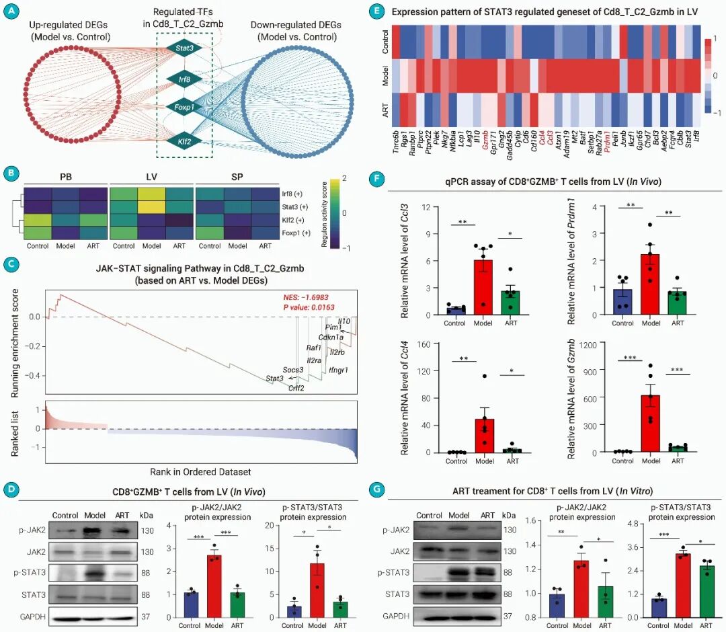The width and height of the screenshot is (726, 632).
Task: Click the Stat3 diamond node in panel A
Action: (185, 48)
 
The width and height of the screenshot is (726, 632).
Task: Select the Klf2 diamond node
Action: (185, 143)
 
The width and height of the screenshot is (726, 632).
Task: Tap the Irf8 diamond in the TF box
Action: (185, 79)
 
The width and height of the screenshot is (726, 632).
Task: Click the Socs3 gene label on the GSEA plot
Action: (292, 370)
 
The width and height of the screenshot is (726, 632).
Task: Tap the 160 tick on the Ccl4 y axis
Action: (424, 345)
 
